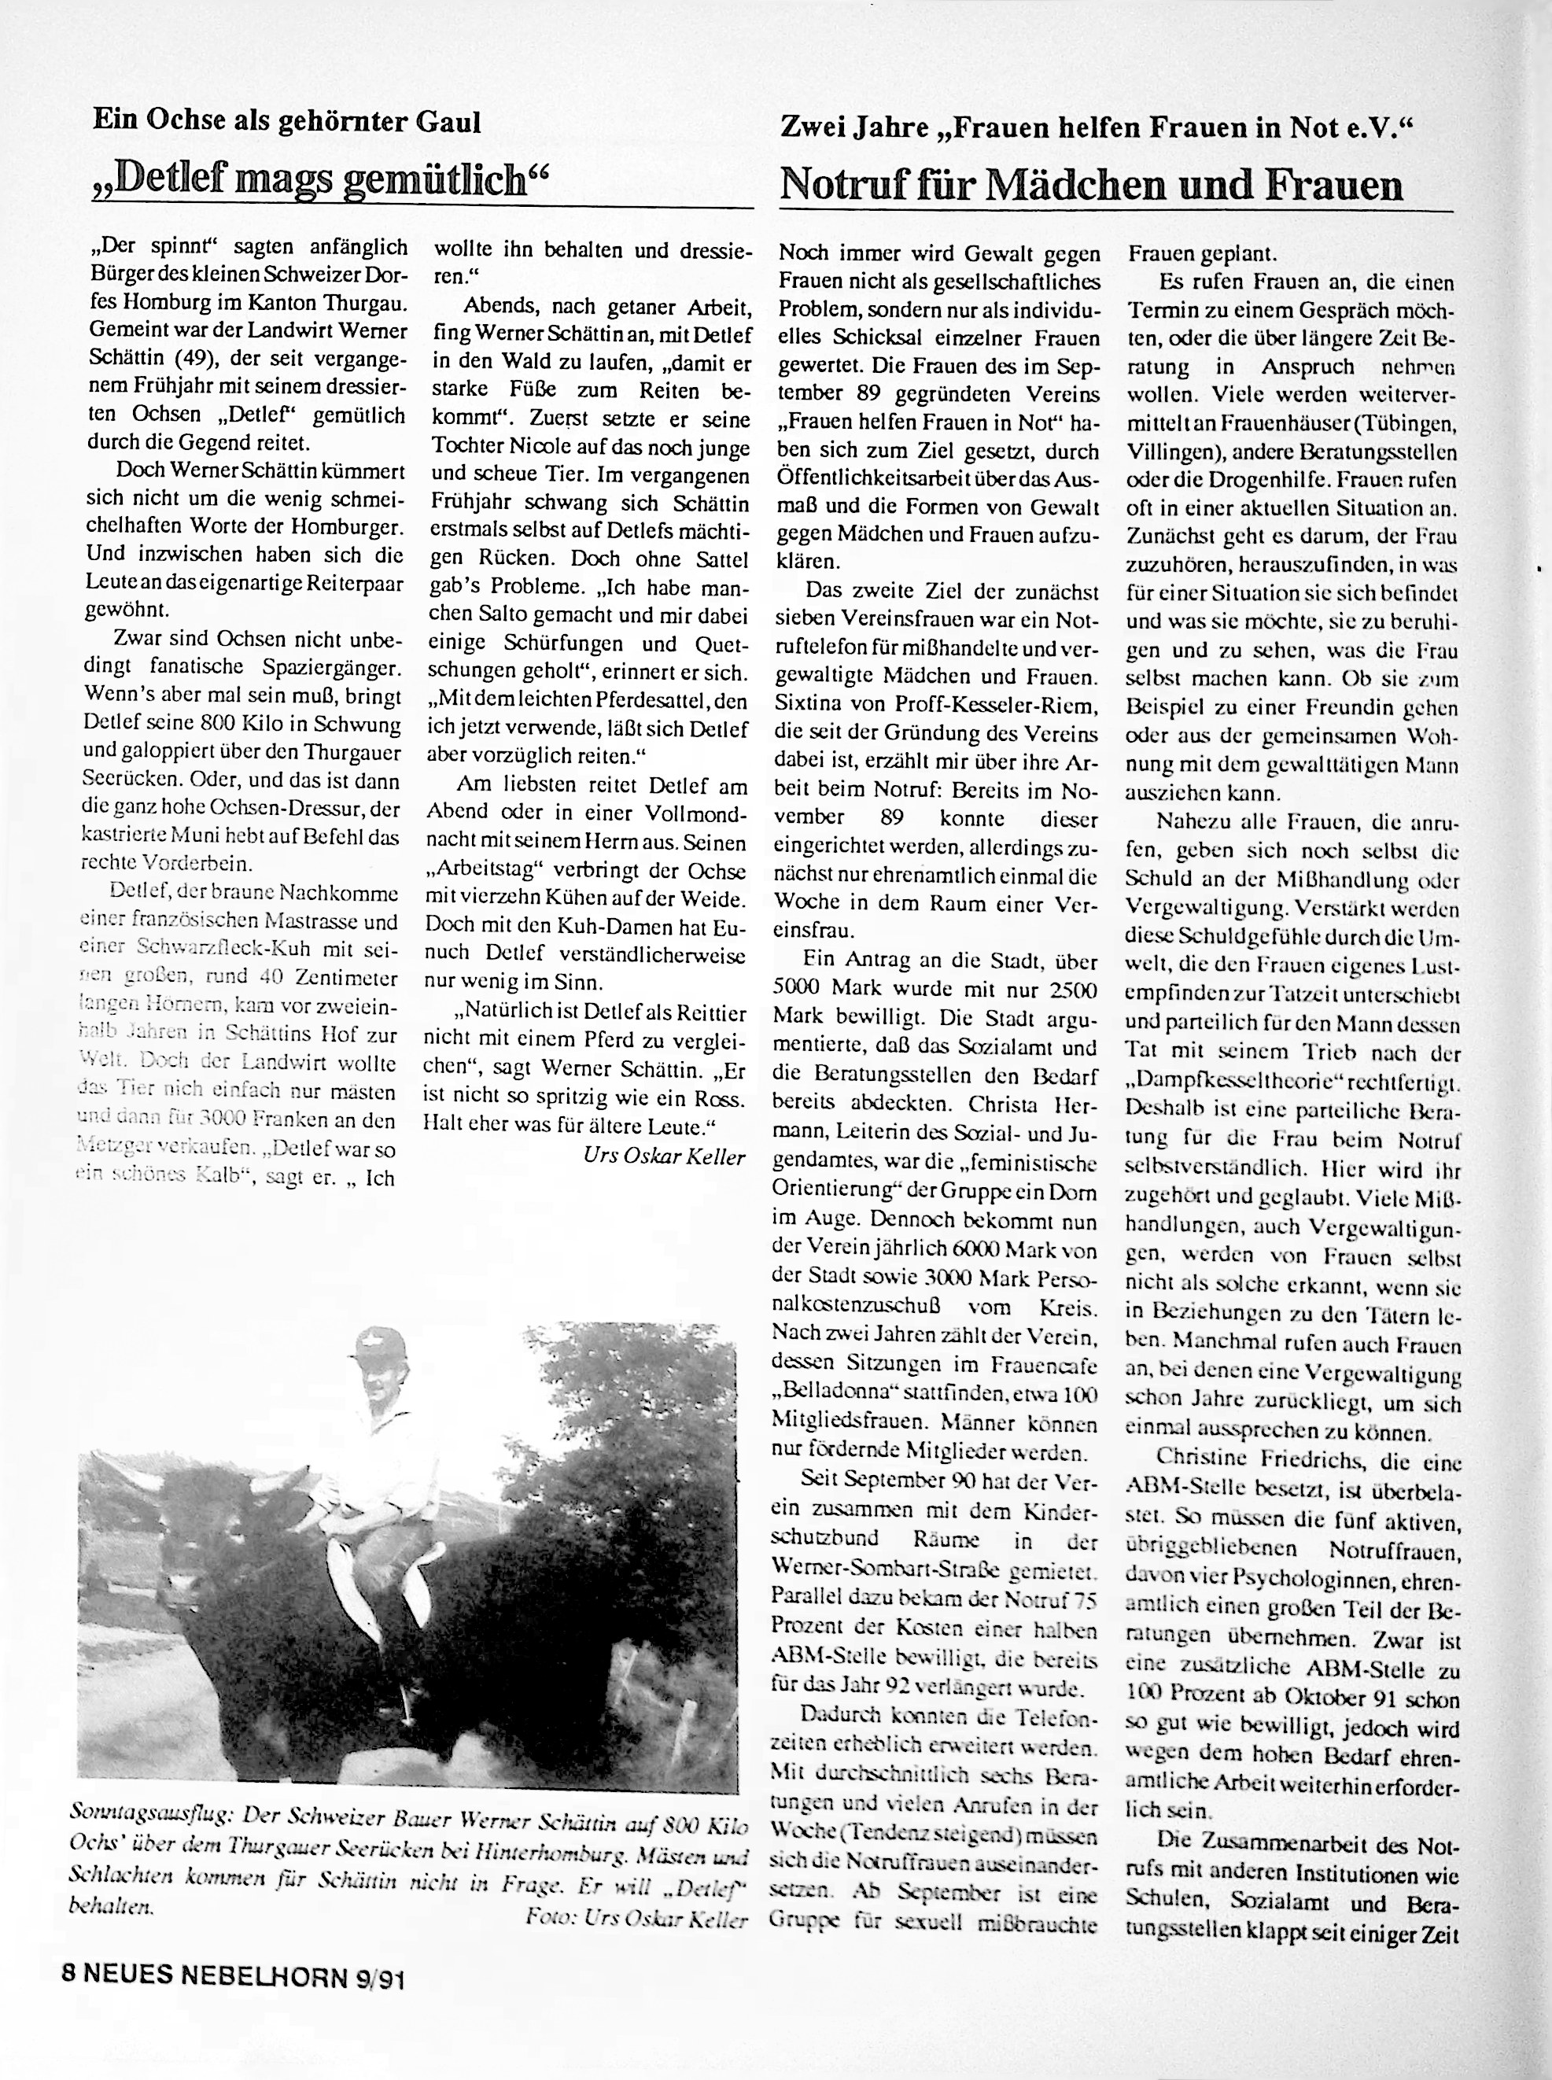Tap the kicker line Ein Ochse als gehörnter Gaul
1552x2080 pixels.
(286, 121)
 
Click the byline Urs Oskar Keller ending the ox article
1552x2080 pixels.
(663, 1157)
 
